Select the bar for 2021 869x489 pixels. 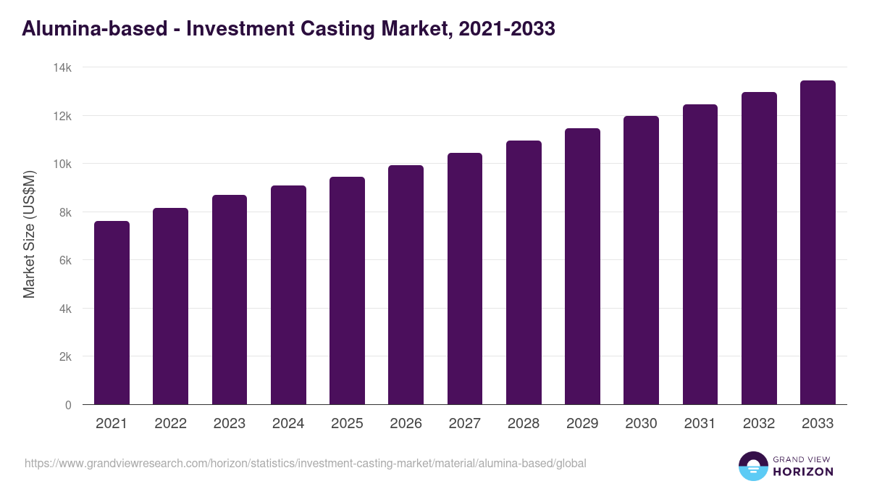click(112, 313)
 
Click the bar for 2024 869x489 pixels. click(288, 296)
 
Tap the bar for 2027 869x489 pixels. click(465, 279)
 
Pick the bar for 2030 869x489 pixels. click(641, 261)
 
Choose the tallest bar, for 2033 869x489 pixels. click(818, 243)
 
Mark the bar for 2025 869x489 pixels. click(347, 291)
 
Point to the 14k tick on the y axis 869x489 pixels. click(63, 67)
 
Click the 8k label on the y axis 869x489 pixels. click(65, 212)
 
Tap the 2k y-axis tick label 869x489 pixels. click(65, 357)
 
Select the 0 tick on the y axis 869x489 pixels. click(68, 406)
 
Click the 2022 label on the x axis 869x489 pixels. click(170, 424)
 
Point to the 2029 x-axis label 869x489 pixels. click(582, 424)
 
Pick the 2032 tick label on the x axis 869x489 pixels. click(759, 424)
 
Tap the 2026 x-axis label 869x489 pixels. click(406, 424)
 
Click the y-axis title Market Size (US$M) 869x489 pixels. click(29, 234)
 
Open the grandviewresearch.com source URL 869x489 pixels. click(305, 463)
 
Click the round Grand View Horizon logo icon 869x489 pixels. click(752, 466)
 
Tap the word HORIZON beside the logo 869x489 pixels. click(802, 472)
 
